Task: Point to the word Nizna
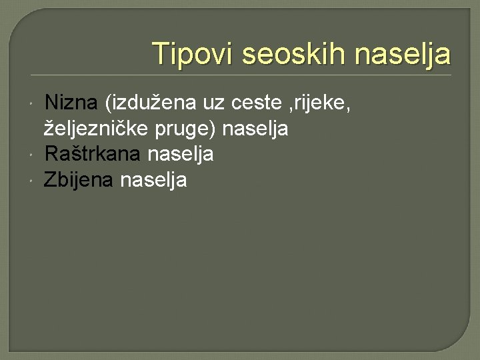pyautogui.click(x=71, y=103)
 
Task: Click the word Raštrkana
pyautogui.click(x=92, y=154)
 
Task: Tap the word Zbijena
pyautogui.click(x=79, y=179)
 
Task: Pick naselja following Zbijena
pyautogui.click(x=154, y=179)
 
